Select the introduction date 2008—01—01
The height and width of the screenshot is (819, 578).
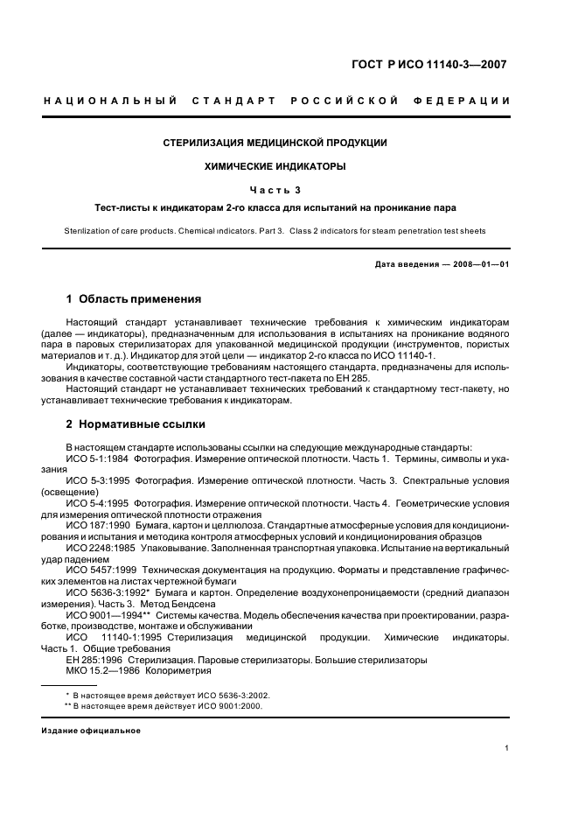click(x=479, y=264)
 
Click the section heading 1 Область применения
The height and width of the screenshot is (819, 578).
click(x=134, y=299)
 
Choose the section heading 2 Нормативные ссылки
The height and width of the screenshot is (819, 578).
click(x=136, y=424)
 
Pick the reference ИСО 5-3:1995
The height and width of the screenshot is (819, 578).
click(x=97, y=481)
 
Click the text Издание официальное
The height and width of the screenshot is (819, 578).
click(x=91, y=730)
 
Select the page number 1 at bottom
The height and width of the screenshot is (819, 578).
click(x=507, y=748)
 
